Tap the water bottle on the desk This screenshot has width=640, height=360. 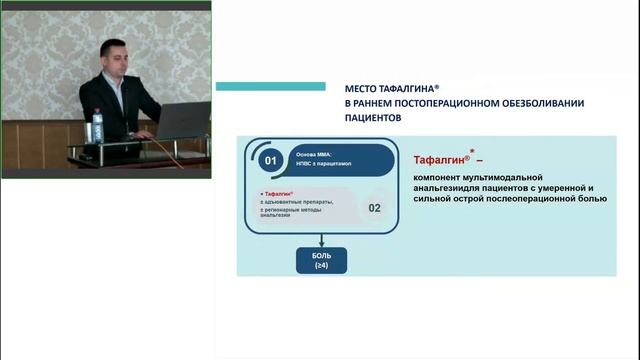coord(98,128)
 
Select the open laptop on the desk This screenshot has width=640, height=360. coord(182,121)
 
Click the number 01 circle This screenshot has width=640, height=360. coord(269,160)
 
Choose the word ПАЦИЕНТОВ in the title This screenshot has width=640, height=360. coord(372,116)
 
